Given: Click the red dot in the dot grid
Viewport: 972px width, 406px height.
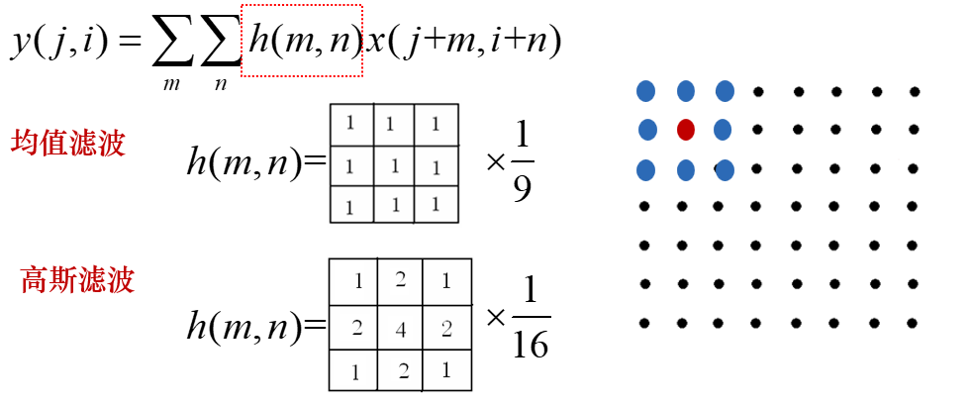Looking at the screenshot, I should [685, 130].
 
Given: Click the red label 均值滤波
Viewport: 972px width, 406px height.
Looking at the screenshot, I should [68, 145].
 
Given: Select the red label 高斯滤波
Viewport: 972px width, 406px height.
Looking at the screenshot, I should [77, 280].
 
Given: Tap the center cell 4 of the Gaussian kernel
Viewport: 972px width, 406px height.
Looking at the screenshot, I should [401, 329].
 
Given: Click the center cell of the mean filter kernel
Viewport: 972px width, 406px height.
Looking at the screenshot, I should [394, 165].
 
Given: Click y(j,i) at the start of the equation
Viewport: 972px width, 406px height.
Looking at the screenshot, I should [59, 41].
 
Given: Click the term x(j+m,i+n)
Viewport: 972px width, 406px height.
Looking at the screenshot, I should [463, 41].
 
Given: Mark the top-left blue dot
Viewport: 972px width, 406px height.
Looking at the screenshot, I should [646, 92].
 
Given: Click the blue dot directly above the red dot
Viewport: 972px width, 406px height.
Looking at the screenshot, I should [686, 92].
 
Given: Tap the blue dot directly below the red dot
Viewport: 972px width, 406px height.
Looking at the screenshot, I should [685, 169].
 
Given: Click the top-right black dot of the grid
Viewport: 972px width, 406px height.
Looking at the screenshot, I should [915, 92].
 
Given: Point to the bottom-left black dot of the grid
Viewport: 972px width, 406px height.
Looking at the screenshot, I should [645, 323].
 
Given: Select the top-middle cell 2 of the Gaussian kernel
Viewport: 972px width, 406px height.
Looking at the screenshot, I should [401, 280].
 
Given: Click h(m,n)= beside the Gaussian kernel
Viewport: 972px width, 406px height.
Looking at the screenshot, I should [257, 327].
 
